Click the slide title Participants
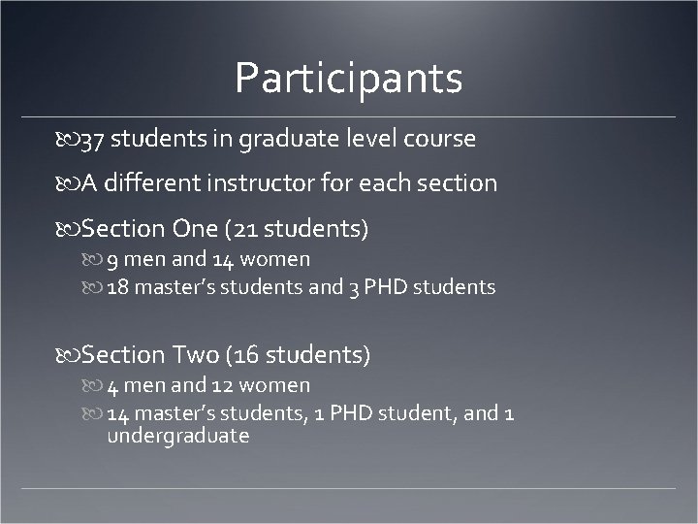coord(348,79)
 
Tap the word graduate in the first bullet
coord(287,140)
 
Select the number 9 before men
coord(112,259)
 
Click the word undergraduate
coord(178,436)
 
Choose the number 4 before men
coord(112,386)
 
